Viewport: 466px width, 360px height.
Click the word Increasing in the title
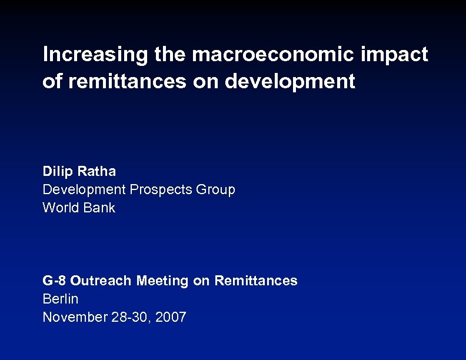(x=95, y=55)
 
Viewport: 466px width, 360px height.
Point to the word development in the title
(x=290, y=82)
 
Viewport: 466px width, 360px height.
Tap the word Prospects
(x=162, y=189)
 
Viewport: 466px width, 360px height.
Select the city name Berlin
(x=60, y=299)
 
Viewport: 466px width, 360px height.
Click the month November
(x=75, y=317)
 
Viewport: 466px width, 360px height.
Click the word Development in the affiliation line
(x=84, y=189)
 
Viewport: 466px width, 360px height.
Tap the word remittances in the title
(x=129, y=82)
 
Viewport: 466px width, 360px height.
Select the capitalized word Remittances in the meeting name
(x=256, y=281)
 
